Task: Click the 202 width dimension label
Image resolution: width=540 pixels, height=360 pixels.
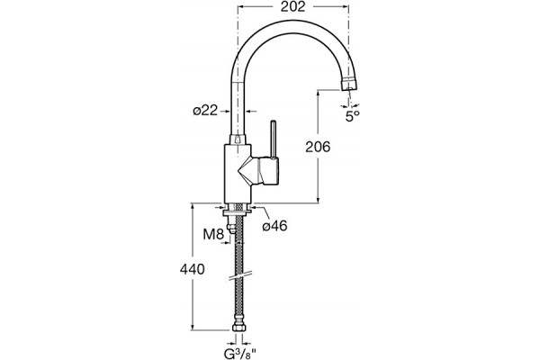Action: pos(292,6)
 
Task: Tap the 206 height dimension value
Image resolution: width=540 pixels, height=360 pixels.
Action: pos(318,147)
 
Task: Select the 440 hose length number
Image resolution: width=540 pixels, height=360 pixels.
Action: pos(193,269)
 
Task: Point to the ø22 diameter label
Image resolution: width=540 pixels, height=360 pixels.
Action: pos(205,111)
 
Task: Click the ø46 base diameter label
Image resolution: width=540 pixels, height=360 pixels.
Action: pos(274,226)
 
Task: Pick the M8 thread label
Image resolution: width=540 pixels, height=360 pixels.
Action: pos(213,235)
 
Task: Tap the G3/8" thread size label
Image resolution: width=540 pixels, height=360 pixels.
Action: pos(240,354)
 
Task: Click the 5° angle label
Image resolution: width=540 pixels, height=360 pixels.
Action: pos(352,116)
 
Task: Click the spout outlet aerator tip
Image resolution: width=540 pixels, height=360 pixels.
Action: pos(348,85)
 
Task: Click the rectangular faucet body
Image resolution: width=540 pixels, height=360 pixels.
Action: pos(238,174)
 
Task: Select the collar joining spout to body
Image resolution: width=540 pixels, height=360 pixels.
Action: pos(238,139)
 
